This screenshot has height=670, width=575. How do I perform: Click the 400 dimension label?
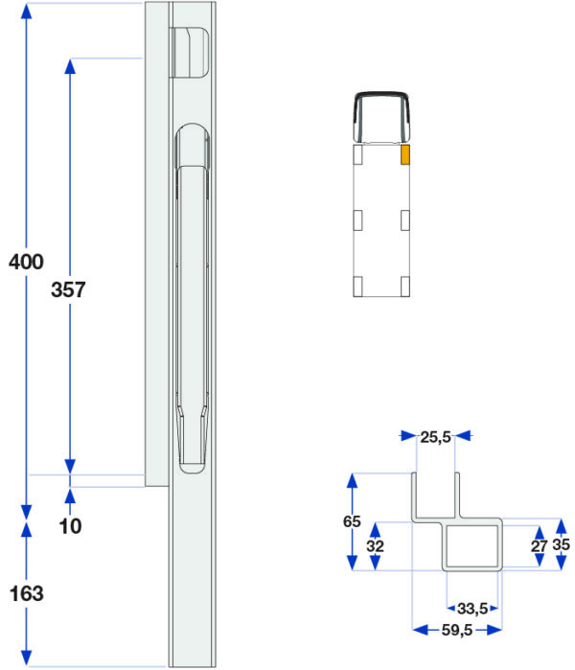[26, 262]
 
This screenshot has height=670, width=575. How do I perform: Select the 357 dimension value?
[68, 289]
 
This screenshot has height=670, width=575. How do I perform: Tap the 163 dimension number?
[27, 593]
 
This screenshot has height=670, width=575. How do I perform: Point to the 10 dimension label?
[71, 526]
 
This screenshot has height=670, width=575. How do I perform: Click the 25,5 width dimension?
[435, 437]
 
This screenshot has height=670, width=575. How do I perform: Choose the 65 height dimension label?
[352, 521]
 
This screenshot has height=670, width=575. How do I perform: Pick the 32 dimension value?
[375, 545]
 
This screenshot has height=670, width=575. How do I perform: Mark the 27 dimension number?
[540, 545]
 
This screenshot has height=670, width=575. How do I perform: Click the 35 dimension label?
[561, 544]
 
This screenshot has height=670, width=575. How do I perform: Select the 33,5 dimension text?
[472, 609]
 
